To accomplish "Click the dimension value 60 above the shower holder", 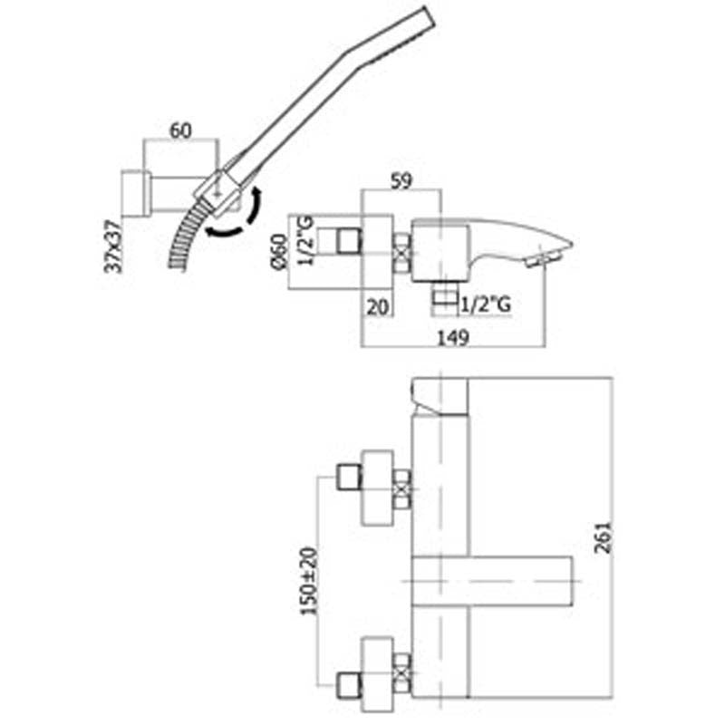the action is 180,130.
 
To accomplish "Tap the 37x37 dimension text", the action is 113,246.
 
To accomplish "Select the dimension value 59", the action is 401,180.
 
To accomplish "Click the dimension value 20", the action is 378,306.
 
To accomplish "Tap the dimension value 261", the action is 604,537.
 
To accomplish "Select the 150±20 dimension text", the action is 309,581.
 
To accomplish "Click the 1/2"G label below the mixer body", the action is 487,304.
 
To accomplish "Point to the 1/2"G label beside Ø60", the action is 305,240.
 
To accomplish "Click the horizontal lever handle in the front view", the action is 492,581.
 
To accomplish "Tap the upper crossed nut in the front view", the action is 401,489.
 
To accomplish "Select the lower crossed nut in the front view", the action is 401,673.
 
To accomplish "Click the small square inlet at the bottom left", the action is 349,685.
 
